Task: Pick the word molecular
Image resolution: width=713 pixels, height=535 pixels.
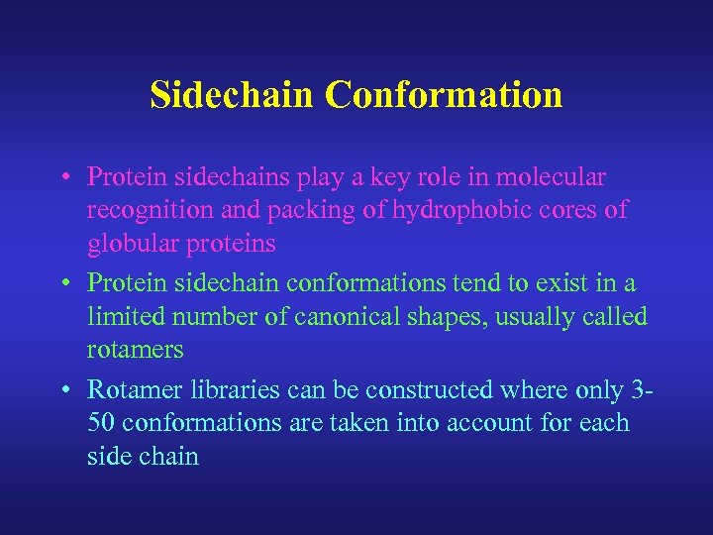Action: pos(553,177)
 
